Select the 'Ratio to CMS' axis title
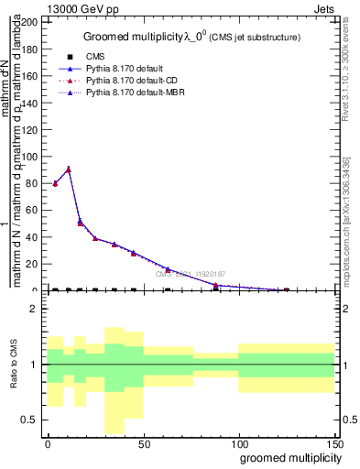pos(13,365)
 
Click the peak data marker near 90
pos(69,169)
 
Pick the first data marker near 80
pos(55,183)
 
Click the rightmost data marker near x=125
pos(286,289)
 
